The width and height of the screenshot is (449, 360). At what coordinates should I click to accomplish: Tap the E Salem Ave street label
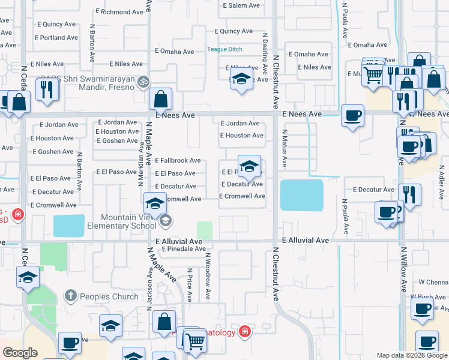click(x=241, y=5)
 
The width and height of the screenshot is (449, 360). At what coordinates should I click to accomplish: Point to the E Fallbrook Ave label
click(x=178, y=161)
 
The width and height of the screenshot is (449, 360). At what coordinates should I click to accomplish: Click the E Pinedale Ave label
click(x=183, y=248)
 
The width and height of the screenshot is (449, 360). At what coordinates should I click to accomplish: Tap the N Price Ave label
click(x=190, y=285)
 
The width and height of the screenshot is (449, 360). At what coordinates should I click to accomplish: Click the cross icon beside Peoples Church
click(x=71, y=295)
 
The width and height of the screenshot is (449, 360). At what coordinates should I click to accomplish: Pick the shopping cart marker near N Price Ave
click(x=196, y=341)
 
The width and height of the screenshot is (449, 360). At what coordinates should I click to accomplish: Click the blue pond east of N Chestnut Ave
click(x=301, y=196)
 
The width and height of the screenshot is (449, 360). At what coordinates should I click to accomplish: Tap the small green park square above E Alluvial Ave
click(x=205, y=230)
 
